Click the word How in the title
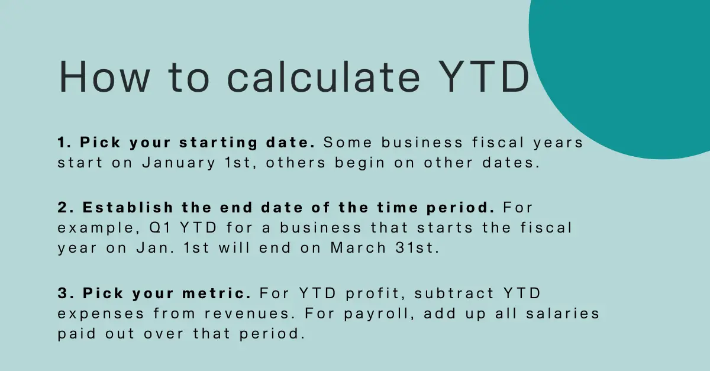[x=104, y=77]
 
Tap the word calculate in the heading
[x=324, y=76]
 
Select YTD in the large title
[x=485, y=76]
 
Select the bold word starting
[x=218, y=143]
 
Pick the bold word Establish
[x=128, y=208]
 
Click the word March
[x=358, y=248]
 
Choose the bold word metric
[x=217, y=293]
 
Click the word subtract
[x=454, y=293]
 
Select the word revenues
[x=247, y=314]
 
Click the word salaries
[x=563, y=313]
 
